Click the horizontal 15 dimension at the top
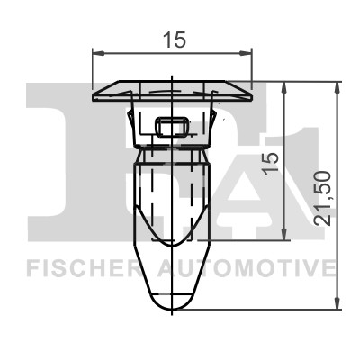tap(174, 39)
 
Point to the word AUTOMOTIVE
tap(247, 268)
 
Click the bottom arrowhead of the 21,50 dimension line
tap(339, 306)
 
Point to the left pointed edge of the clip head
tap(94, 92)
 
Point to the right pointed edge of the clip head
tap(253, 92)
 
